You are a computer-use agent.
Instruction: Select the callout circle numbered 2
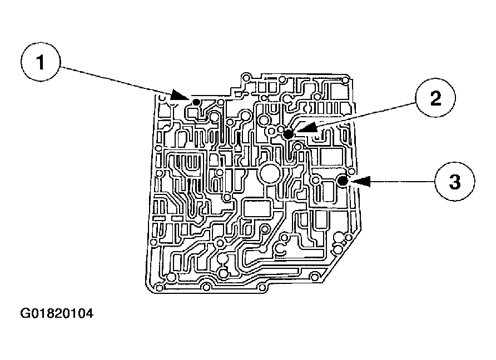click(435, 99)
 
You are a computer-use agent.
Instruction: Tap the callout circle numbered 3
click(454, 182)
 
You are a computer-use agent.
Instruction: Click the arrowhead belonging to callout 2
click(306, 128)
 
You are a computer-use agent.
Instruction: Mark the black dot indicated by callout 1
click(196, 102)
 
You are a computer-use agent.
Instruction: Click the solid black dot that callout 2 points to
click(288, 134)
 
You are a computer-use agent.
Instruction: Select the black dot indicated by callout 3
click(343, 181)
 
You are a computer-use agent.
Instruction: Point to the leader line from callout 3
click(400, 181)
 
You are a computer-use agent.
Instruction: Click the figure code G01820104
click(57, 314)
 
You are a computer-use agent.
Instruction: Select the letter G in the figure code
click(26, 314)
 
